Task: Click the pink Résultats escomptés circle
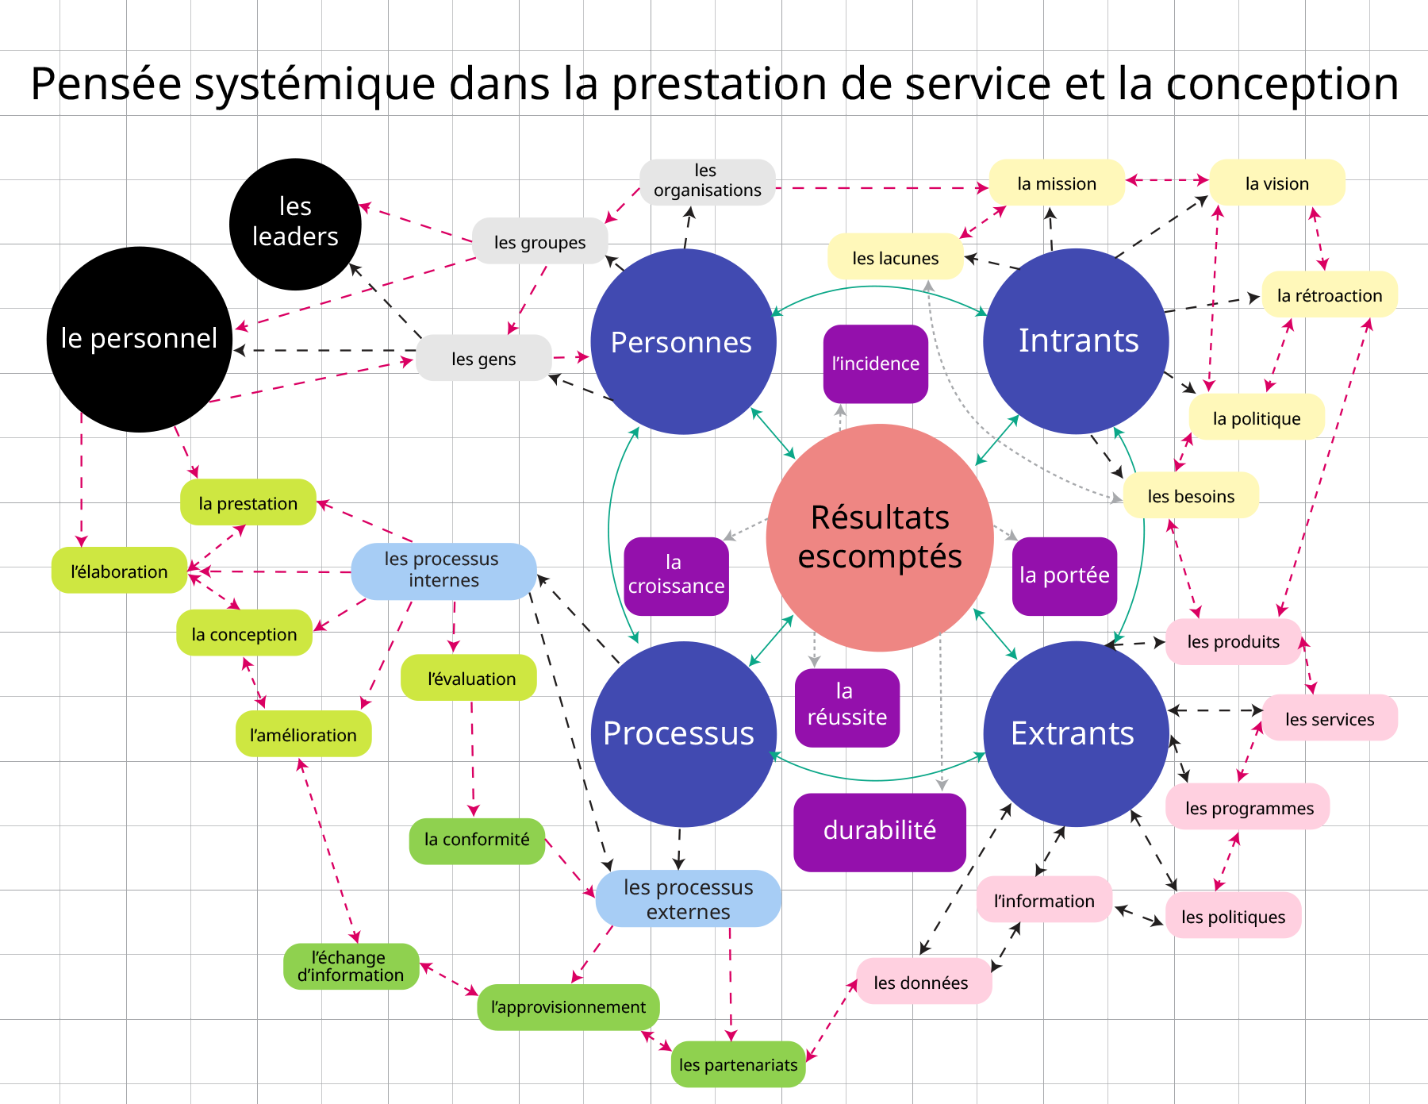pyautogui.click(x=879, y=537)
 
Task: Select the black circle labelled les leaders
pyautogui.click(x=295, y=224)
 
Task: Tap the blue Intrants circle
pyautogui.click(x=1076, y=341)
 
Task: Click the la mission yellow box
pyautogui.click(x=1056, y=183)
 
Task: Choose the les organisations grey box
pyautogui.click(x=707, y=182)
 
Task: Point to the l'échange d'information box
pyautogui.click(x=351, y=966)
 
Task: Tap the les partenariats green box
pyautogui.click(x=738, y=1064)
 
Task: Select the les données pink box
pyautogui.click(x=923, y=982)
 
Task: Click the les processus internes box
pyautogui.click(x=443, y=571)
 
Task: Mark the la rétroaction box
pyautogui.click(x=1329, y=295)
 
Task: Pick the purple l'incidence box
pyautogui.click(x=875, y=364)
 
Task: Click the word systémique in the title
pyautogui.click(x=315, y=84)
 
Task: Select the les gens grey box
pyautogui.click(x=483, y=359)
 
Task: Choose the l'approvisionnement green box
pyautogui.click(x=568, y=1007)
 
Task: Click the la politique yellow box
pyautogui.click(x=1256, y=417)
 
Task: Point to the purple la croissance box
pyautogui.click(x=676, y=575)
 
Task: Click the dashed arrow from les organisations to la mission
pyautogui.click(x=881, y=188)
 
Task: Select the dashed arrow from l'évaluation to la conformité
pyautogui.click(x=473, y=758)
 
